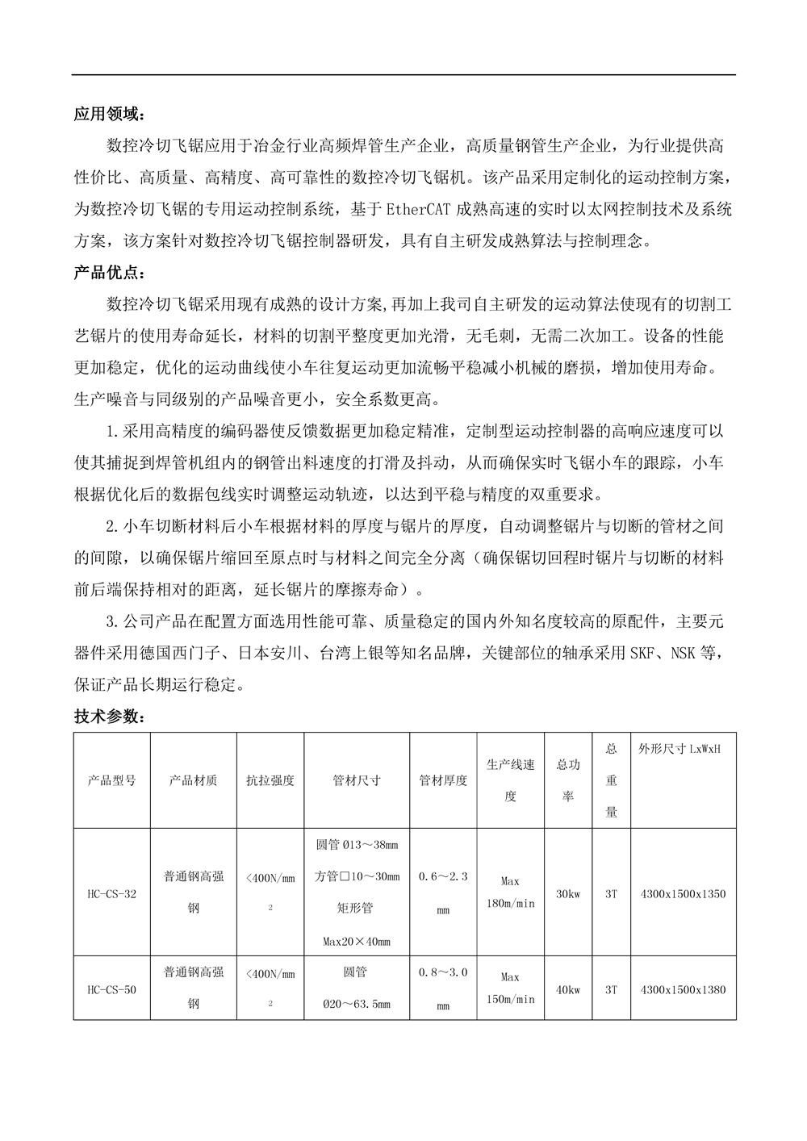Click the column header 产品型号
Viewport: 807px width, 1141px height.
(111, 780)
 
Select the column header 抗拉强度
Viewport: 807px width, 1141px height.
(270, 780)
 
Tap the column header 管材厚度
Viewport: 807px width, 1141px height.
(443, 780)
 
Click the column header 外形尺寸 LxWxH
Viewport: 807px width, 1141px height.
(679, 750)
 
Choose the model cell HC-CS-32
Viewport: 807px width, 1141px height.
(111, 893)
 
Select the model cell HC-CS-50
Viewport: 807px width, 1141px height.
(111, 989)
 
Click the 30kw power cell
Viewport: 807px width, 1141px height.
(568, 893)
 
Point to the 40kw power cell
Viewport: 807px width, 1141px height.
(568, 989)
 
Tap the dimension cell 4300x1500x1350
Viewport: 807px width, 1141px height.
(683, 893)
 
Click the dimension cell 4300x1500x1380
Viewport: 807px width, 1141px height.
(683, 989)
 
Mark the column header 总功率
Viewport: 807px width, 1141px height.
(568, 780)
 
